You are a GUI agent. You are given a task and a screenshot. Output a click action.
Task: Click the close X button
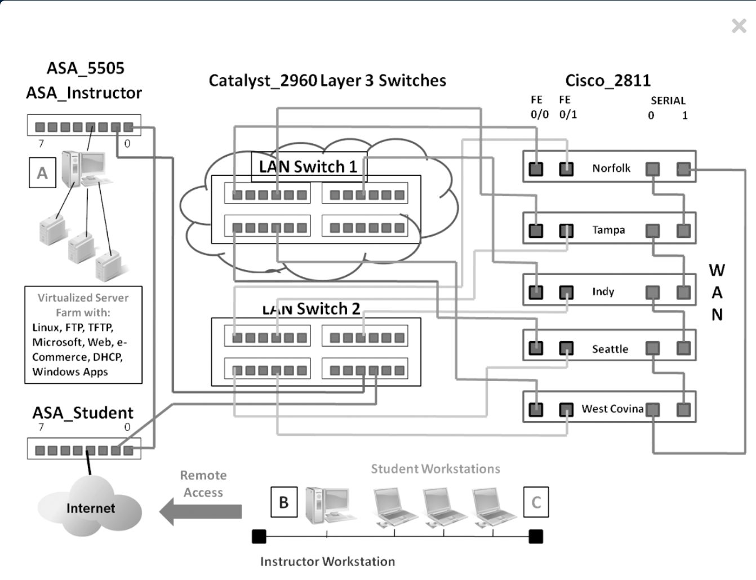click(739, 26)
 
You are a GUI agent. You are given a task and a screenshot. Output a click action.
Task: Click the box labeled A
click(42, 172)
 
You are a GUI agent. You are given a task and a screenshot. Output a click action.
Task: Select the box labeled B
click(284, 502)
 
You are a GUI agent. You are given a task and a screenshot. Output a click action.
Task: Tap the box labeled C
click(536, 502)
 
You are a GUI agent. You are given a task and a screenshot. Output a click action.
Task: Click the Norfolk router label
click(611, 169)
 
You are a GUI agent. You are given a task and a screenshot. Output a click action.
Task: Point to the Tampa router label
click(608, 230)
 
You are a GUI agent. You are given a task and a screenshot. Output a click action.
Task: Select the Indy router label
click(603, 291)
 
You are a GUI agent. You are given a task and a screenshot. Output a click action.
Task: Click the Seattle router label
click(610, 349)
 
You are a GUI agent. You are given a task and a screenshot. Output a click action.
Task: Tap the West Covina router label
click(612, 409)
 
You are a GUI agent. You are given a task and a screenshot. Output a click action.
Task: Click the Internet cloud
click(90, 507)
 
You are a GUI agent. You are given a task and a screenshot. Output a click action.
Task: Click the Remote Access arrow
click(201, 511)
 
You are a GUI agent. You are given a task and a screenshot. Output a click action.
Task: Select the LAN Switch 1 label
click(308, 167)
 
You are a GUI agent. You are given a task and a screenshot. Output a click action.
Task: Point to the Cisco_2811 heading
click(608, 81)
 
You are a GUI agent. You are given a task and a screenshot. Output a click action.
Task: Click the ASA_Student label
click(83, 413)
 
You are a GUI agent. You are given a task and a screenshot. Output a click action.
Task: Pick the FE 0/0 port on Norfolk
click(536, 170)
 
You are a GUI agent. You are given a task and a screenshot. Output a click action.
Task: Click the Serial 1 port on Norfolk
click(684, 170)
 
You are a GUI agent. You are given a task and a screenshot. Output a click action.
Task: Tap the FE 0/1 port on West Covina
click(566, 410)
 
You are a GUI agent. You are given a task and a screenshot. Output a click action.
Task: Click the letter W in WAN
click(717, 271)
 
